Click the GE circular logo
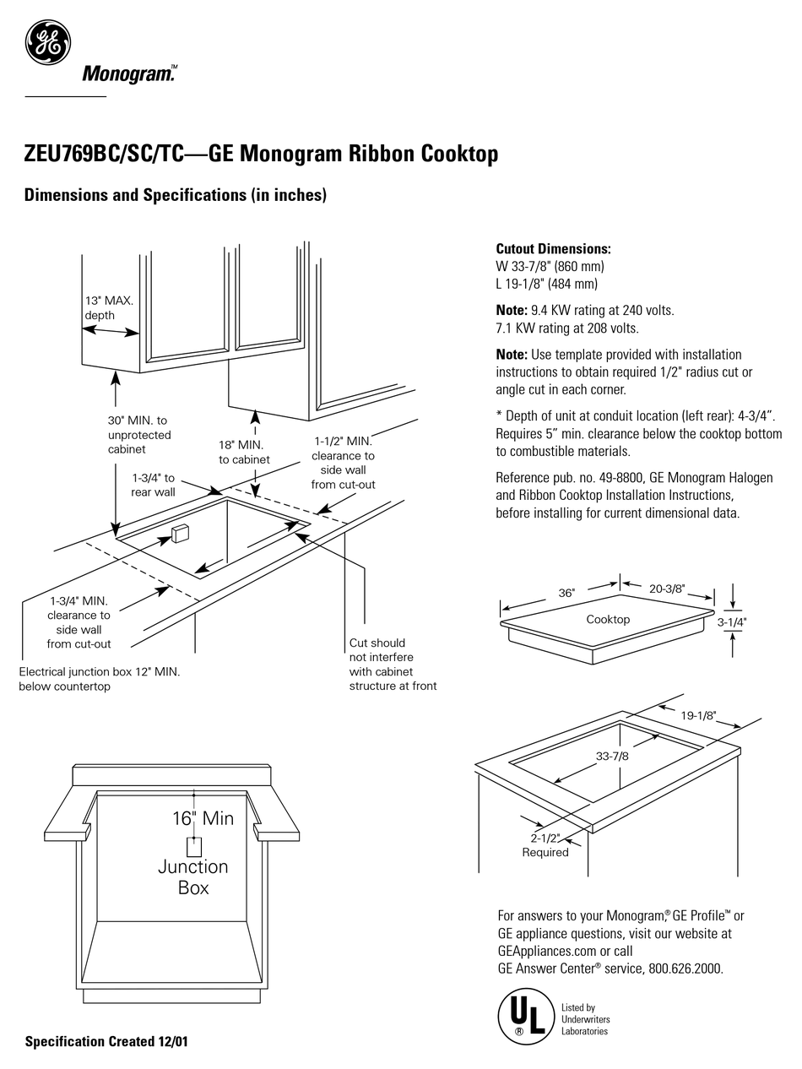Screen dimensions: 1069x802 point(47,41)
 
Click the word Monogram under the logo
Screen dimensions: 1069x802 point(128,75)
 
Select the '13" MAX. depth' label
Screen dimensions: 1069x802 point(108,307)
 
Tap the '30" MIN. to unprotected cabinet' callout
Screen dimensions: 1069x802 point(138,435)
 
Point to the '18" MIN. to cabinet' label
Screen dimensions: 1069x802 point(244,452)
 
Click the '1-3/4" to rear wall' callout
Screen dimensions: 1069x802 point(153,485)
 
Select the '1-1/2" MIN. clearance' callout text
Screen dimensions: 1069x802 point(343,463)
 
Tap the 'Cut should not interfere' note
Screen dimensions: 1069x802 point(393,665)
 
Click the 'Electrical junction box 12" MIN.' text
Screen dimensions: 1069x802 point(100,679)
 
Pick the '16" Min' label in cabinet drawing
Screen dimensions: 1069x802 point(203,817)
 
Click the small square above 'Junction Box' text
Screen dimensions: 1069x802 point(193,847)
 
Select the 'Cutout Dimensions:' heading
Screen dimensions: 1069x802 point(553,249)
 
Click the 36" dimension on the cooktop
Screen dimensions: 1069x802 point(566,593)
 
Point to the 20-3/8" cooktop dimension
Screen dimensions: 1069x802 point(667,589)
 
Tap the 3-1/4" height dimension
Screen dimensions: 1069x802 point(731,622)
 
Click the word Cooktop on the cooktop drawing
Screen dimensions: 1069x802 point(608,619)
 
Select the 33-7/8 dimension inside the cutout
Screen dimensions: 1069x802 point(612,756)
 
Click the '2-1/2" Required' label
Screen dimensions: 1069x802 point(545,845)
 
